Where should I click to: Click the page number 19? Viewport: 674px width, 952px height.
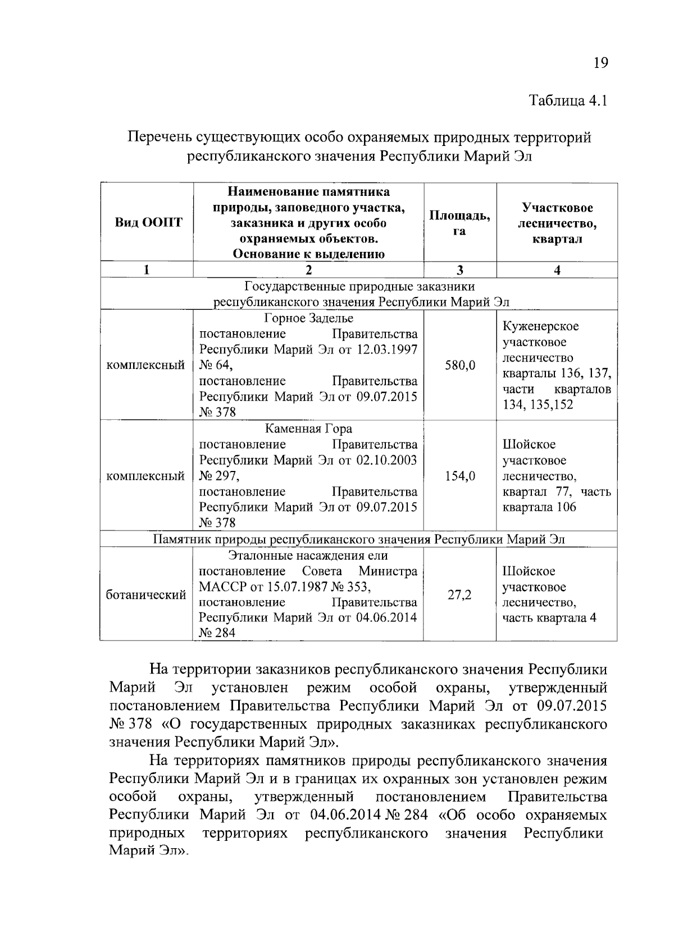click(x=600, y=63)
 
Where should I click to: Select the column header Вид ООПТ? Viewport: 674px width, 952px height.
click(x=148, y=222)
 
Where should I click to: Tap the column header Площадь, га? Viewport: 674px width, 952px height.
click(x=459, y=223)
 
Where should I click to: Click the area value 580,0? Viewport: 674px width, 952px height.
click(x=460, y=365)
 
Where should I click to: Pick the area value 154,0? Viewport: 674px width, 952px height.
click(x=460, y=477)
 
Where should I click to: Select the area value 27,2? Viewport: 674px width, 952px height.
click(x=459, y=595)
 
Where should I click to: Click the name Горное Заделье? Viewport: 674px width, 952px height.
click(x=308, y=318)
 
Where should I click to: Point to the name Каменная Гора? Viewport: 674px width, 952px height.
click(x=308, y=429)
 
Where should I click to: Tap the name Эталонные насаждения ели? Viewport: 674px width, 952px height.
click(x=308, y=556)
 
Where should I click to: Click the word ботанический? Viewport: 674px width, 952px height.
click(x=146, y=595)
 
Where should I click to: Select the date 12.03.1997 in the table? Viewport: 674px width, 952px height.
click(x=387, y=350)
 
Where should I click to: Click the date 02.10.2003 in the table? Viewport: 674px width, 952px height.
click(x=387, y=460)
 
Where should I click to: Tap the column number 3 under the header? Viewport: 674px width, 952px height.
click(x=459, y=270)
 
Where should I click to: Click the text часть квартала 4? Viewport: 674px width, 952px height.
click(x=549, y=619)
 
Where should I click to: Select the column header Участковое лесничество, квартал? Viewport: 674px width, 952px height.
click(x=557, y=223)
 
